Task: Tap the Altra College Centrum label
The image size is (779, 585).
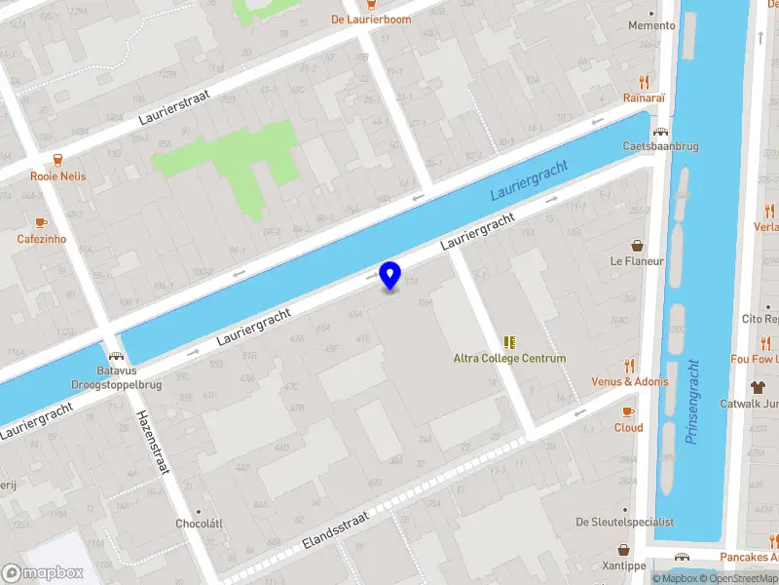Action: coord(509,358)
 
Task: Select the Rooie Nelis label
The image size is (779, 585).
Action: coord(58,176)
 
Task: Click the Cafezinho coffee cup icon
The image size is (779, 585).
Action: coord(41,222)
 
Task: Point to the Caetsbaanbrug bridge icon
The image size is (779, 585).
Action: coord(660,132)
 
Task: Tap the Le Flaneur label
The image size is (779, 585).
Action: coord(637,261)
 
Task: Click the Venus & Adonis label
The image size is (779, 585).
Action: coord(630,381)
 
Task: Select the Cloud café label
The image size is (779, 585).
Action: coord(628,427)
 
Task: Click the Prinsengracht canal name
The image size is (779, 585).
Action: coord(693,402)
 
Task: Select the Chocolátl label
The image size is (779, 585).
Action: coord(200,524)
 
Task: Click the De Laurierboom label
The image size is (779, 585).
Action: coord(370,19)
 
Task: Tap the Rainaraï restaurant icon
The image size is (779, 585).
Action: coord(644,82)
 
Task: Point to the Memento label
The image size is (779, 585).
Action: coord(651,25)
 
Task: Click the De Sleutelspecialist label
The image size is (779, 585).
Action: coord(624,522)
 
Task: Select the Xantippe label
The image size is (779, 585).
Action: coord(624,565)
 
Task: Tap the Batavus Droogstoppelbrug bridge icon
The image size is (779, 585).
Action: coord(116,357)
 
